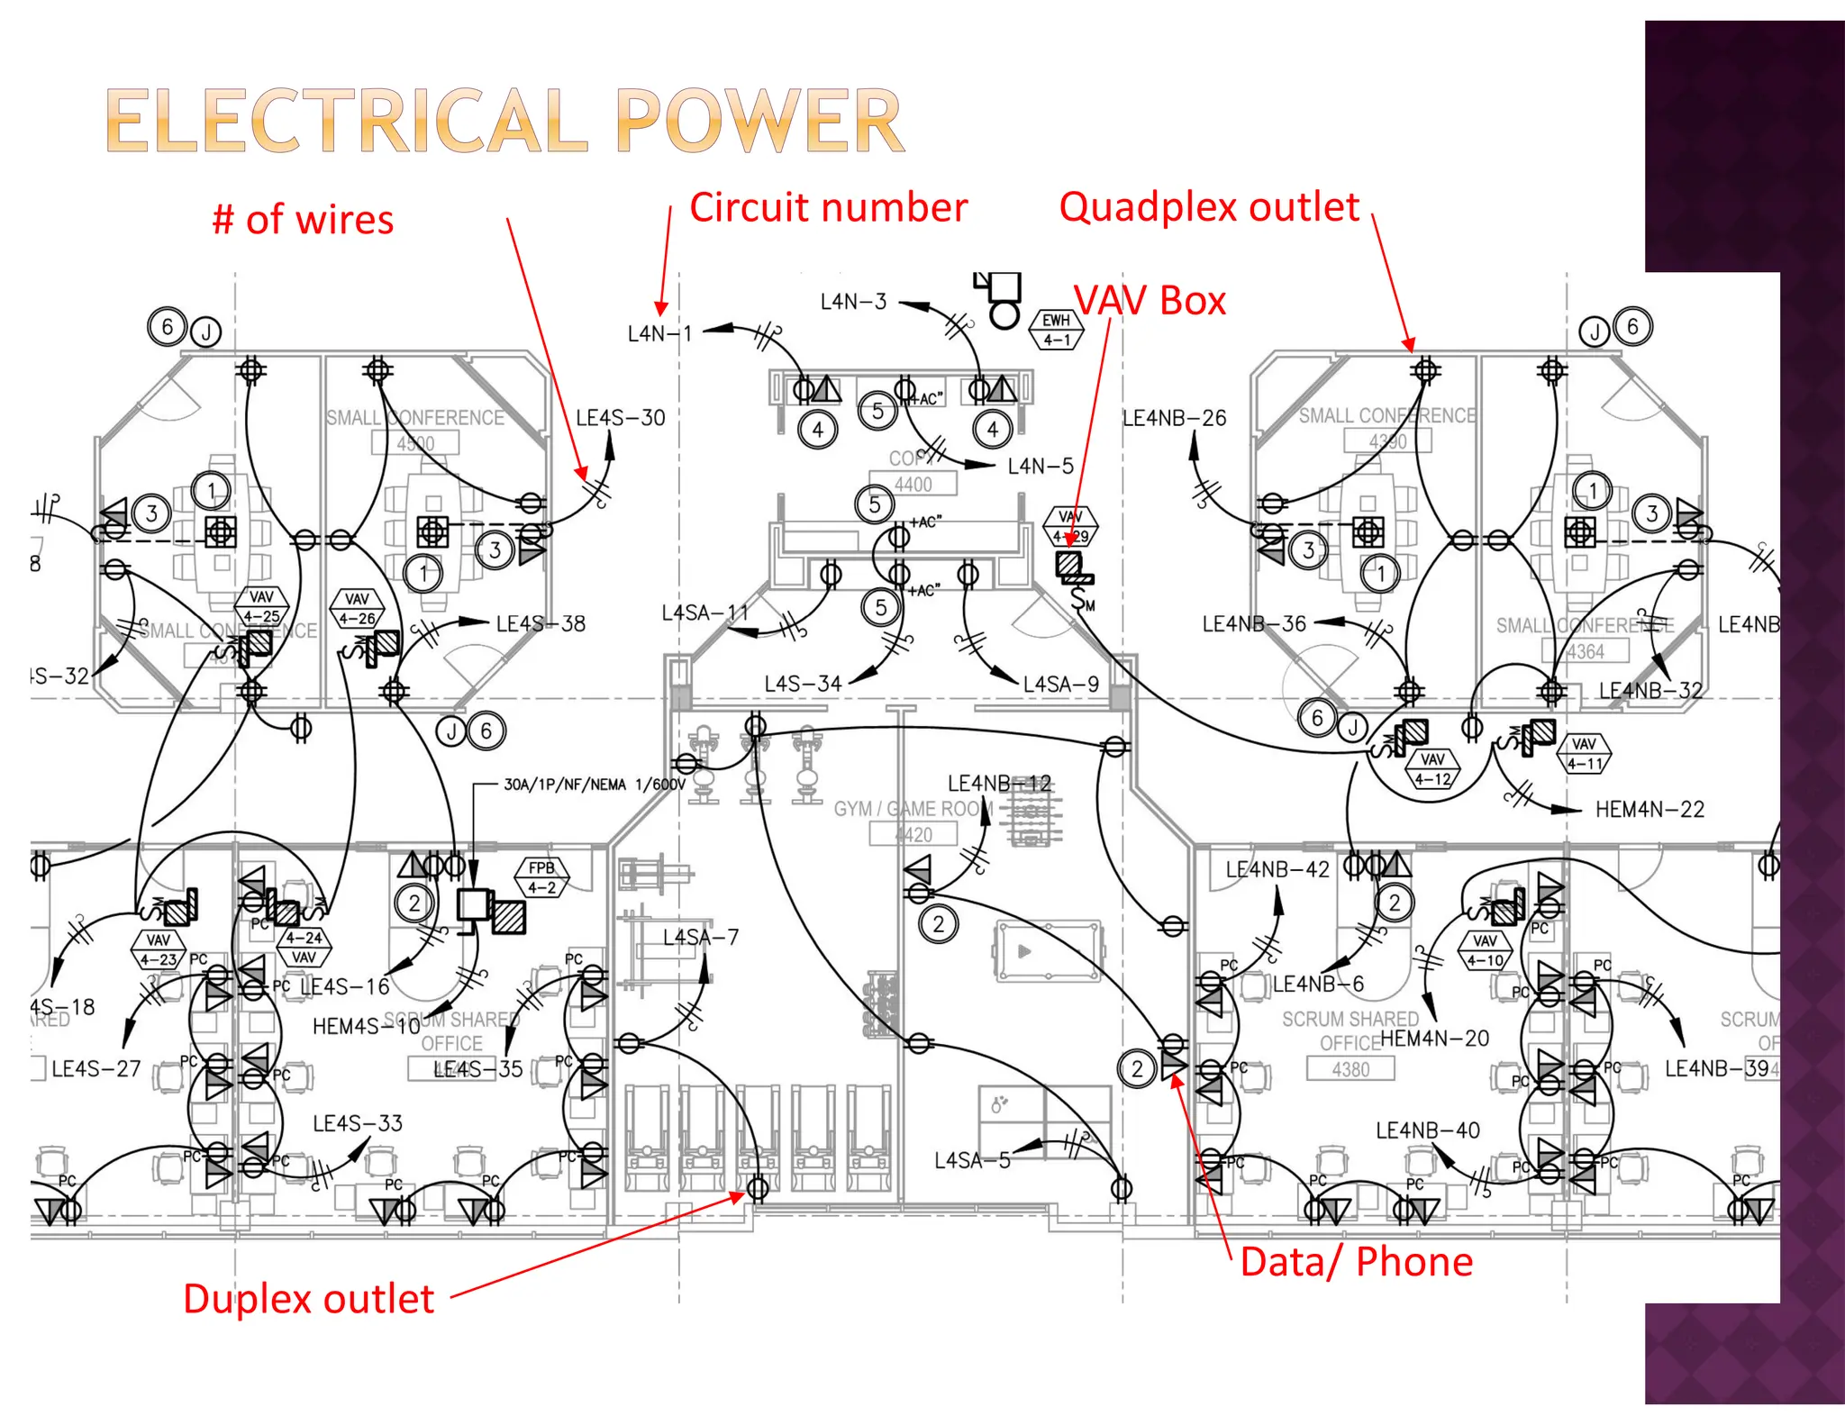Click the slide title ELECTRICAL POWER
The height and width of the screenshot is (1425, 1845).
point(504,122)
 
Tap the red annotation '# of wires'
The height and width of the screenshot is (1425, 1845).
point(303,220)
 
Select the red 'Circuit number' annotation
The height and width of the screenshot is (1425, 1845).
point(828,208)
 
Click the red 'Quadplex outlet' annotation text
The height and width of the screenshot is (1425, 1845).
point(1208,207)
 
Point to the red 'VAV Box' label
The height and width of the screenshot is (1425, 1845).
point(1150,301)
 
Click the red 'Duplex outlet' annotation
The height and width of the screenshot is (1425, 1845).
point(308,1299)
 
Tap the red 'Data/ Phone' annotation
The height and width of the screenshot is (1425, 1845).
point(1356,1262)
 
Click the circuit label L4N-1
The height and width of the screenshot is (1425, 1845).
point(659,334)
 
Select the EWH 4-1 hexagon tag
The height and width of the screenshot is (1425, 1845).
point(1056,330)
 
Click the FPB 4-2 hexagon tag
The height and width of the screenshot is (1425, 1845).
point(541,877)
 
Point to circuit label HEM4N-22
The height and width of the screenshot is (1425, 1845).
point(1649,810)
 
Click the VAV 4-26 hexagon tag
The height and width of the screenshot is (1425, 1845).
point(357,609)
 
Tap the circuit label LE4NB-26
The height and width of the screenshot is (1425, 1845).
point(1174,418)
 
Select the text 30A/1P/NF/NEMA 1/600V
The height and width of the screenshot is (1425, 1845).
point(595,785)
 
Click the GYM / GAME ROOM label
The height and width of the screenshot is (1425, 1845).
point(912,809)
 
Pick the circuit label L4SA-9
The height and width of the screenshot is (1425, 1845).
point(1060,685)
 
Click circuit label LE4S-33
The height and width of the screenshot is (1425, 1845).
point(357,1123)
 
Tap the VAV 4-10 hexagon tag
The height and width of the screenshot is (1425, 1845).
point(1485,950)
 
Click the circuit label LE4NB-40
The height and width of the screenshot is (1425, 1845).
point(1427,1130)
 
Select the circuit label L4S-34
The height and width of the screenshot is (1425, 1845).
point(803,685)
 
